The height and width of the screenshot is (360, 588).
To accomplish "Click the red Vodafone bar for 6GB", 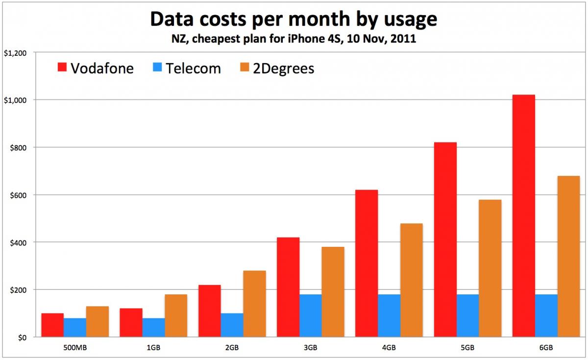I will point(523,216).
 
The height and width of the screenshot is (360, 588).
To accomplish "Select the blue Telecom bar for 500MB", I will point(75,328).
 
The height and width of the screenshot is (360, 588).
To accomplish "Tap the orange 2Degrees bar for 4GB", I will point(411,280).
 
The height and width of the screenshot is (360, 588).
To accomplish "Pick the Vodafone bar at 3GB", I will point(288,287).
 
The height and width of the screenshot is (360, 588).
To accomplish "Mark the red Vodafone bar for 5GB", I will point(445,240).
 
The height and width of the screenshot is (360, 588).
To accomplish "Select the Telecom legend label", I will point(193,68).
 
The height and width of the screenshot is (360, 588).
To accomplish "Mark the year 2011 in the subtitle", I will point(405,40).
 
